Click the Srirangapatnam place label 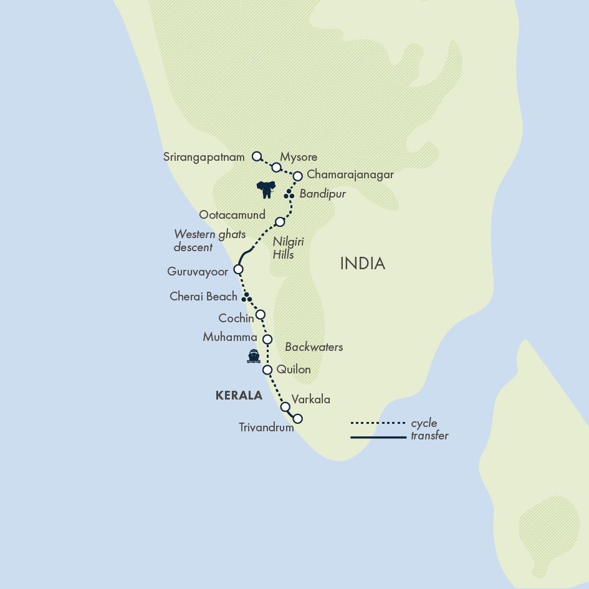click(204, 158)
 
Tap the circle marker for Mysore click(276, 167)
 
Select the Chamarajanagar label click(350, 175)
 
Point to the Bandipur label click(322, 194)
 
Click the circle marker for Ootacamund click(280, 222)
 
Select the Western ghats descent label click(209, 241)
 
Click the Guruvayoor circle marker click(237, 270)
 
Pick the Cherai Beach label click(203, 297)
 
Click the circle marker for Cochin click(261, 314)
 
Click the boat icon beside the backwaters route click(253, 357)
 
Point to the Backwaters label click(314, 347)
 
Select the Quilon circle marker click(267, 370)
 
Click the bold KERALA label click(238, 395)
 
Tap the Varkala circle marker click(285, 407)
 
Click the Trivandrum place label click(266, 428)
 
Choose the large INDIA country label click(362, 264)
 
